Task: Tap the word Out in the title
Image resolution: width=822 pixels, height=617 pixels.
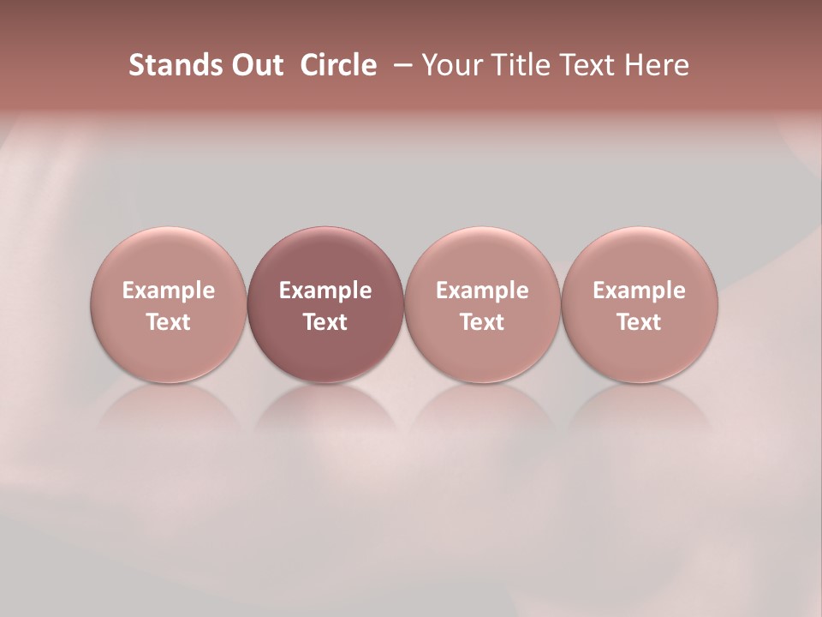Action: tap(254, 65)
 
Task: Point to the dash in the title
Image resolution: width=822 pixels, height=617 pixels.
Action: tap(399, 66)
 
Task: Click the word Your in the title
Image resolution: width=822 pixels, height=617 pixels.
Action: tap(450, 65)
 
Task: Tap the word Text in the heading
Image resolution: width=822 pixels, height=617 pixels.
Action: tap(582, 65)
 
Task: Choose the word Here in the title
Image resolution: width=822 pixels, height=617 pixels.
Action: tap(656, 65)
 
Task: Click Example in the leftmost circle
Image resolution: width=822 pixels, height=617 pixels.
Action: tap(169, 291)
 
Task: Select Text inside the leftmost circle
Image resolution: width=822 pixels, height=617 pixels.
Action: tap(169, 322)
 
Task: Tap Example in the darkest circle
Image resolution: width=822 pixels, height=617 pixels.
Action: tap(325, 291)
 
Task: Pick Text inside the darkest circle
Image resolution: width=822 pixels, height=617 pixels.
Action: tap(325, 322)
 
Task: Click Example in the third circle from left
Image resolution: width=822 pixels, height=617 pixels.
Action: tap(482, 291)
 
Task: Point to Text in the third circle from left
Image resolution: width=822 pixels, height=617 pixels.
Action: tap(482, 322)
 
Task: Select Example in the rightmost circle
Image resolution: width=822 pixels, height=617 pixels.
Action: tap(639, 291)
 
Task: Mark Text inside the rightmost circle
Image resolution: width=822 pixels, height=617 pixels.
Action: tap(639, 322)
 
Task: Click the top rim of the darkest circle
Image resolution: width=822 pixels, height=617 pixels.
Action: tap(325, 230)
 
